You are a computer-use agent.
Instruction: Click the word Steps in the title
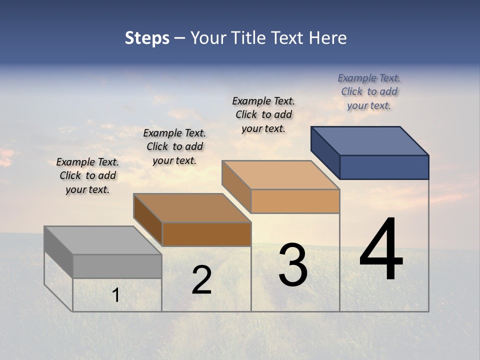(x=147, y=38)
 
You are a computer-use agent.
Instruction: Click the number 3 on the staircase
(x=292, y=265)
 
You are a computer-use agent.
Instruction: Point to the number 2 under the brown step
(x=201, y=280)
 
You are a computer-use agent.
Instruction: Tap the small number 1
(x=116, y=295)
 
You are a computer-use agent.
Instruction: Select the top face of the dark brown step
(x=192, y=207)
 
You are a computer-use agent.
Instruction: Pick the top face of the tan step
(x=280, y=175)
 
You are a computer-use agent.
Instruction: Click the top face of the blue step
(x=369, y=140)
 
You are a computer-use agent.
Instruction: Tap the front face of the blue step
(x=384, y=167)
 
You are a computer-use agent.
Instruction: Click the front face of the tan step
(x=295, y=201)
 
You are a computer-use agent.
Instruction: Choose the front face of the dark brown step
(x=206, y=234)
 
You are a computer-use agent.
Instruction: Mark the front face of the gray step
(x=117, y=266)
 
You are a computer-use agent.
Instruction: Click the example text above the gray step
(x=87, y=175)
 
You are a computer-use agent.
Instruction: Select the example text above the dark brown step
(x=174, y=146)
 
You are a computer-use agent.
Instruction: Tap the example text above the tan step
(x=263, y=114)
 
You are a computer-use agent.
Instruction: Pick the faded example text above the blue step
(x=369, y=91)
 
